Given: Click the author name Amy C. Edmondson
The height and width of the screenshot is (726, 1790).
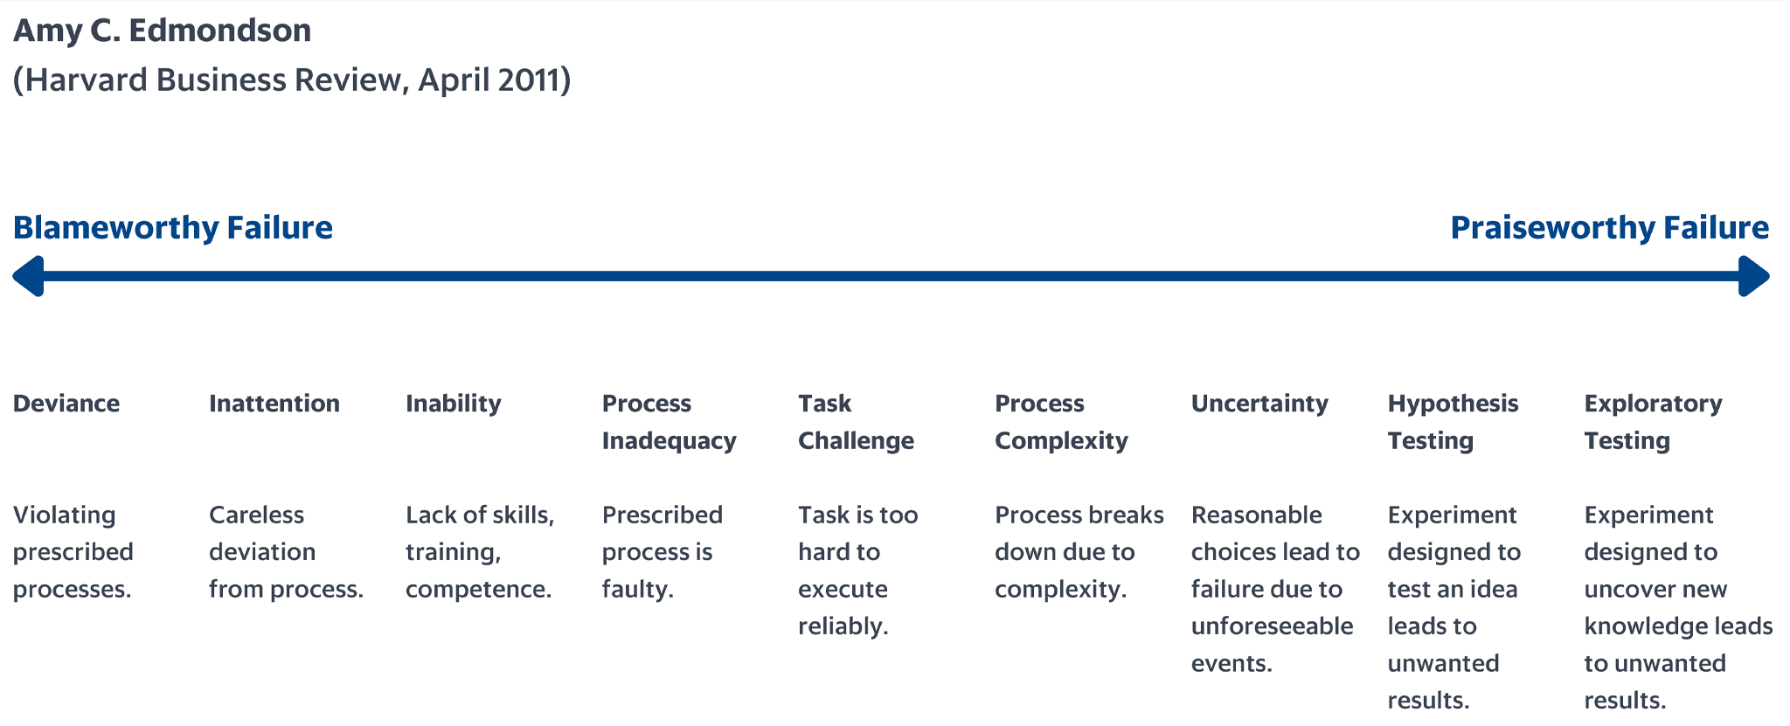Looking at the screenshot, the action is tap(163, 31).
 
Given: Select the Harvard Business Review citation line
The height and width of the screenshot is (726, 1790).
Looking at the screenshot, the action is tap(292, 80).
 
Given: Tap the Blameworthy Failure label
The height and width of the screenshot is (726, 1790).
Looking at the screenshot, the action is tap(173, 227).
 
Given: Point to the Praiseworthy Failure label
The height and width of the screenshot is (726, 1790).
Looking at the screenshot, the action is tap(1610, 227).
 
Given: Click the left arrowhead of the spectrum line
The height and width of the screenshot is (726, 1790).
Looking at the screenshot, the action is tap(28, 276).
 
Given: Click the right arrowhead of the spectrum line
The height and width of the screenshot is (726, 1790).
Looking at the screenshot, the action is tap(1754, 276).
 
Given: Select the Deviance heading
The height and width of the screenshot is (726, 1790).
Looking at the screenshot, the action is tap(66, 404).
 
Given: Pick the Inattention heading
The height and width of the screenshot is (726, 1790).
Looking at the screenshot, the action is tap(274, 404).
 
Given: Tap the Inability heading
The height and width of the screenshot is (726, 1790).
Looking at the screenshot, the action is tap(454, 404).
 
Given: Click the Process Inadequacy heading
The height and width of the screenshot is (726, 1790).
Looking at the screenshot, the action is tap(670, 422).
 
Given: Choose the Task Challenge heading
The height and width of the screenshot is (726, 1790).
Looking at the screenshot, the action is tap(856, 422).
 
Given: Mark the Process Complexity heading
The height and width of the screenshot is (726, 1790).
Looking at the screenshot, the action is tap(1061, 422).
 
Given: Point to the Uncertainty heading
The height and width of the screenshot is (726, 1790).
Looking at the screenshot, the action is tap(1259, 404).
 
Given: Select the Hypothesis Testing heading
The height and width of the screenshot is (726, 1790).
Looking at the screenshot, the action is tap(1454, 422).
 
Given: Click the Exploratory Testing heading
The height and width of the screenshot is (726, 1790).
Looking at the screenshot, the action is tap(1654, 422).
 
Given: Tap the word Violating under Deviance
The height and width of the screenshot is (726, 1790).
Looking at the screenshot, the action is tap(65, 515).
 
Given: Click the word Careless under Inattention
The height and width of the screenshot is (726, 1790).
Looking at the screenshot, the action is tap(257, 515).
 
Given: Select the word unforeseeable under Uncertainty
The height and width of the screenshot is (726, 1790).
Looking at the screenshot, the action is tap(1273, 626).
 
